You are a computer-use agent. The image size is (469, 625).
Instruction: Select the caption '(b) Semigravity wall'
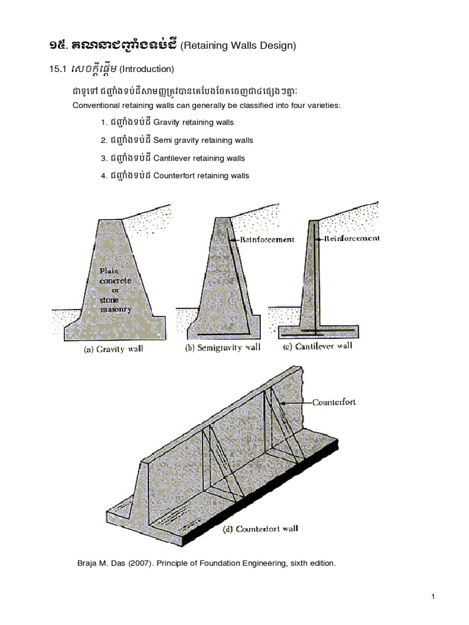(x=222, y=348)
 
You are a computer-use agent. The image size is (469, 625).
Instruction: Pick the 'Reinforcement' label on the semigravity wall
(x=267, y=240)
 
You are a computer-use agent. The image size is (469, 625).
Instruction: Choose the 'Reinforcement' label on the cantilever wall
(x=352, y=238)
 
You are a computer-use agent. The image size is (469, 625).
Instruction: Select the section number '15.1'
(x=57, y=70)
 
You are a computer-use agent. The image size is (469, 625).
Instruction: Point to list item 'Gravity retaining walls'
(x=194, y=122)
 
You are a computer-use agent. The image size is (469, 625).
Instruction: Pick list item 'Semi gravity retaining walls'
(x=203, y=140)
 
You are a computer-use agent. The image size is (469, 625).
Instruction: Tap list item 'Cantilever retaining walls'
(x=199, y=158)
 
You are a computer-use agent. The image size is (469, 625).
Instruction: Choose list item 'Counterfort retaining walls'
(x=201, y=176)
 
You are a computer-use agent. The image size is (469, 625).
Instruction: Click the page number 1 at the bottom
(x=433, y=597)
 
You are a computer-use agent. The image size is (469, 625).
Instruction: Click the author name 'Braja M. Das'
(x=98, y=563)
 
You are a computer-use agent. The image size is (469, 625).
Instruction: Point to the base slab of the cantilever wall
(x=318, y=331)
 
